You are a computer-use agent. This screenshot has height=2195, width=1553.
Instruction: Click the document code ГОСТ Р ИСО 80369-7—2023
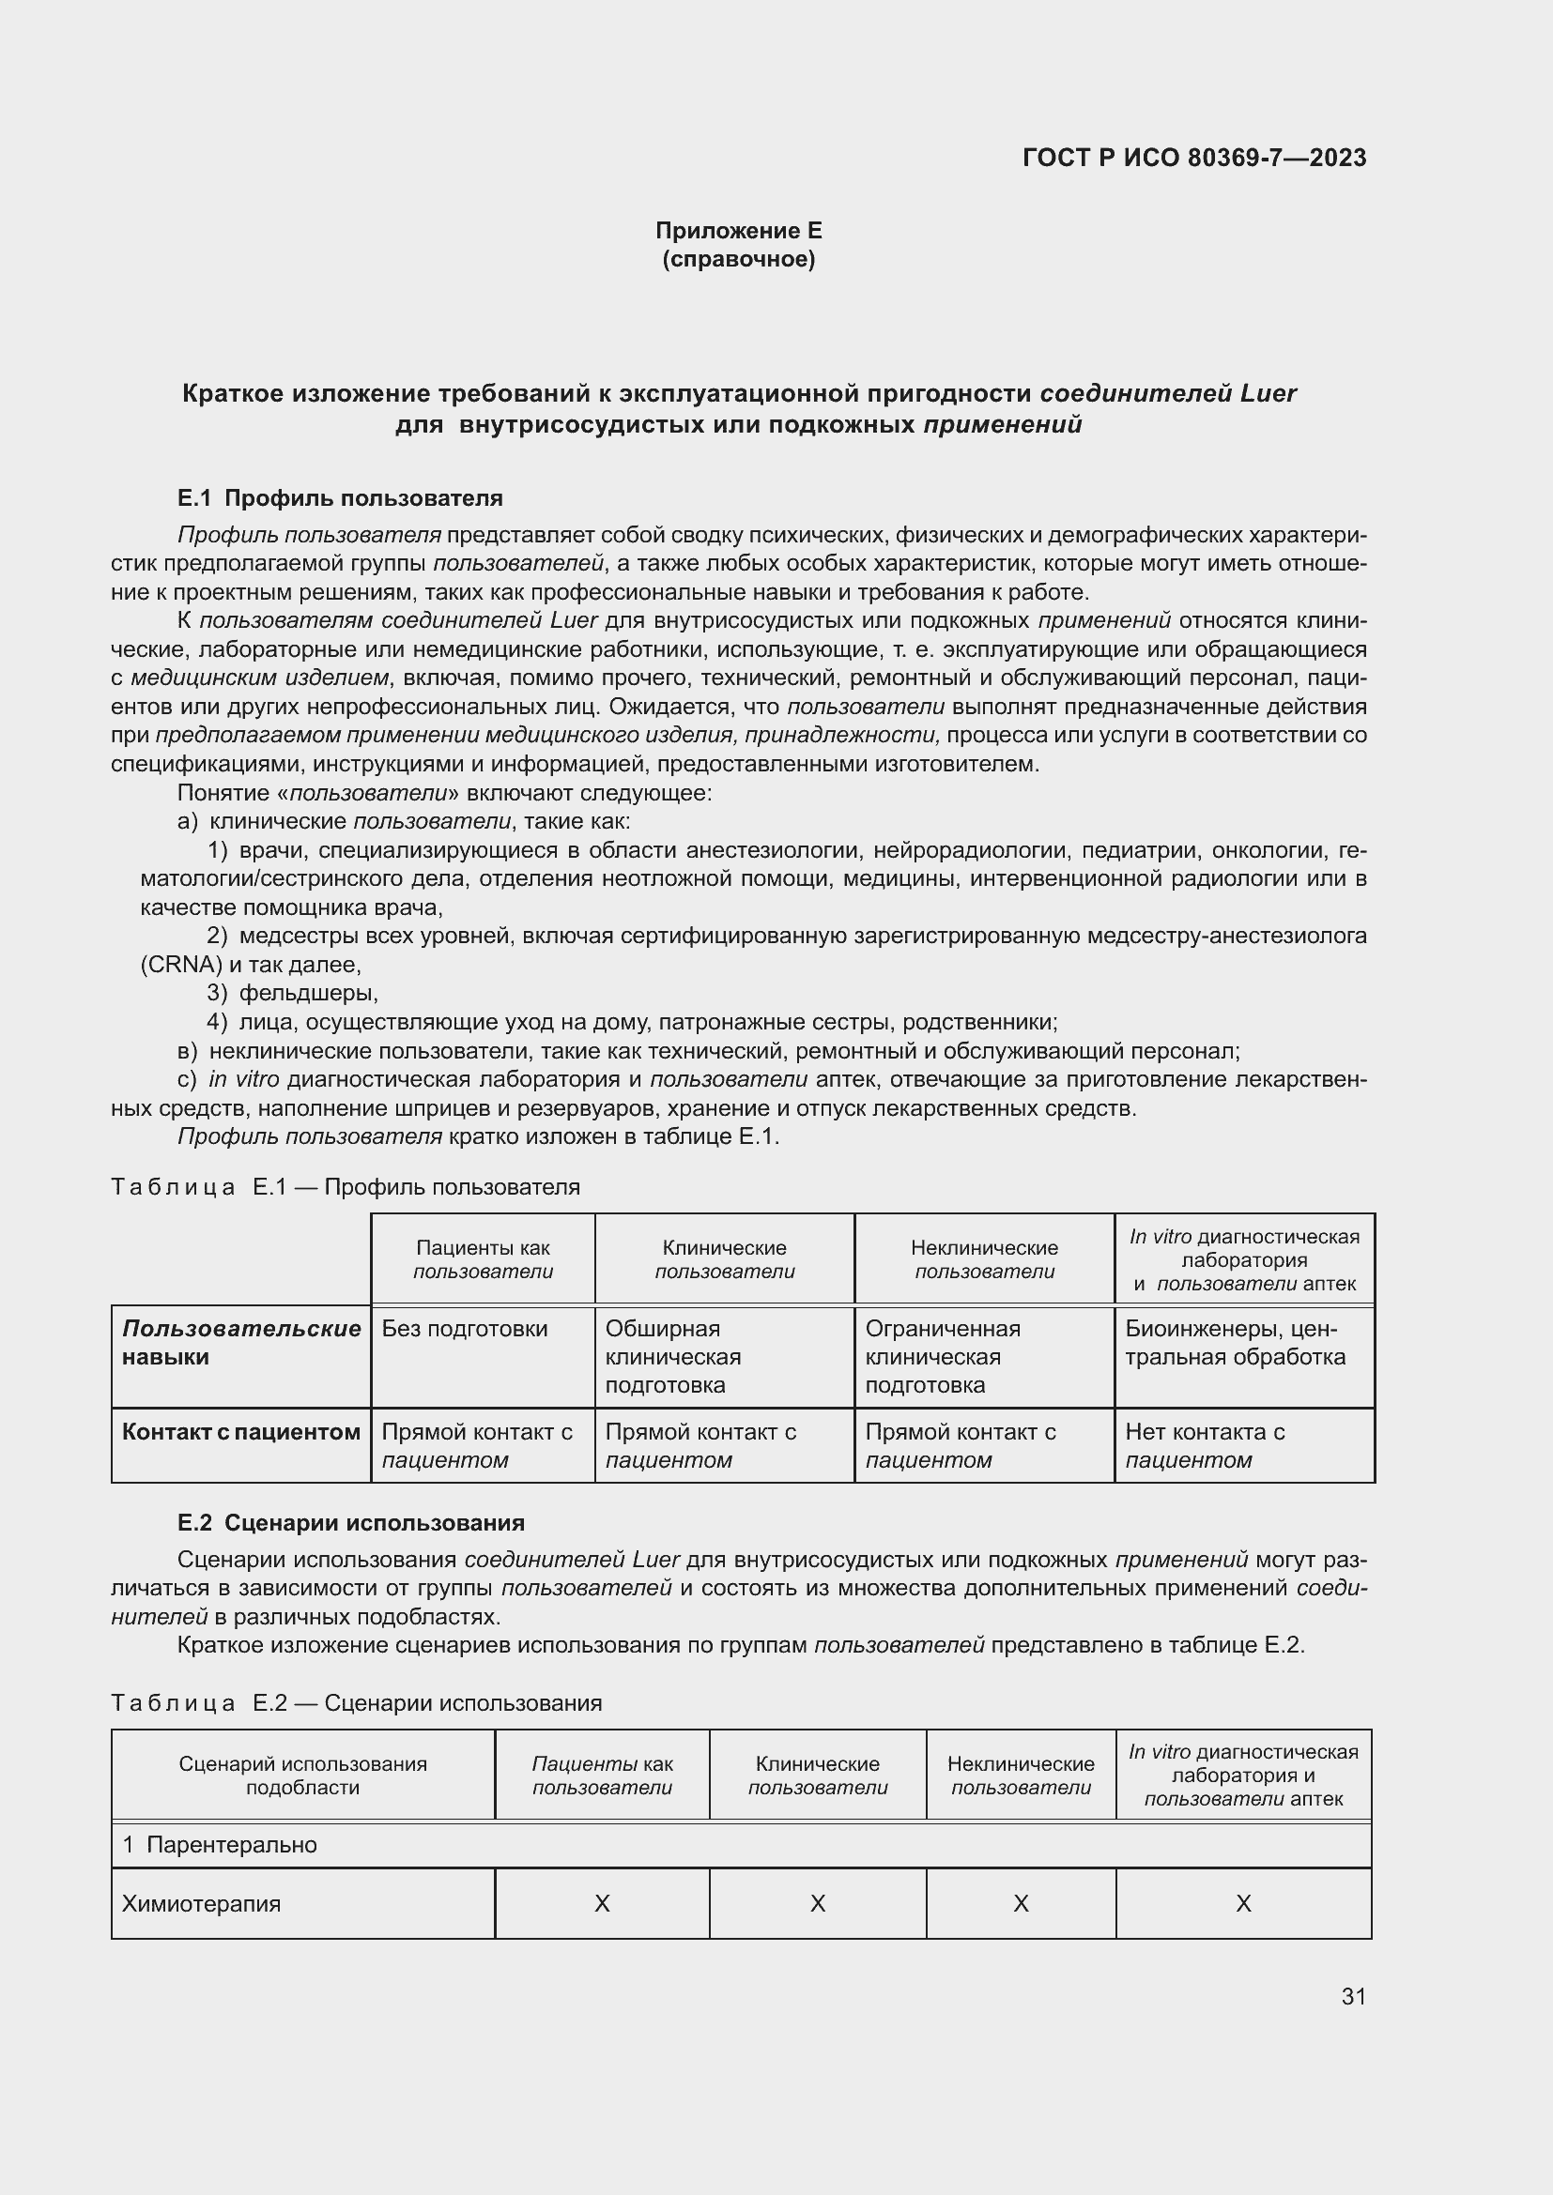(x=1193, y=158)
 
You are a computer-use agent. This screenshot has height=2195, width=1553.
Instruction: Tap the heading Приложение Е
(x=738, y=231)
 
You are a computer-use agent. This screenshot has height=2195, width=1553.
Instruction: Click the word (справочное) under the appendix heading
(x=738, y=259)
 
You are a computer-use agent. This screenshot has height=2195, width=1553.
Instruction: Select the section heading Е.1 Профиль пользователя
(x=340, y=498)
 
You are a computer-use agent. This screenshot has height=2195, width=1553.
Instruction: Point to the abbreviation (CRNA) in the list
(x=180, y=965)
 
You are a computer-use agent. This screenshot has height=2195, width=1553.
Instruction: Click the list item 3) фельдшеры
(x=293, y=993)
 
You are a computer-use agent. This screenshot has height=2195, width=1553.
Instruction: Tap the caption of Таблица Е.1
(x=346, y=1187)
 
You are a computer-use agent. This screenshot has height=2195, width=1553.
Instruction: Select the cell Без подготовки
(x=465, y=1329)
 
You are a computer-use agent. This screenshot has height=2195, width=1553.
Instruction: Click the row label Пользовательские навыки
(x=241, y=1342)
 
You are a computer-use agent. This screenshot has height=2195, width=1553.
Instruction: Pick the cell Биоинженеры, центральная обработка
(x=1235, y=1342)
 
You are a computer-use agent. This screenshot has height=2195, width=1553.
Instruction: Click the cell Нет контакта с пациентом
(x=1204, y=1445)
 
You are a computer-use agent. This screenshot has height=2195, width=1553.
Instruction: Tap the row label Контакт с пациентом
(x=241, y=1432)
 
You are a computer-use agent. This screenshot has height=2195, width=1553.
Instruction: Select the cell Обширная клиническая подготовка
(x=673, y=1357)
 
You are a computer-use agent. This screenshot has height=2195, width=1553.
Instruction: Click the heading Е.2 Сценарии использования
(x=351, y=1523)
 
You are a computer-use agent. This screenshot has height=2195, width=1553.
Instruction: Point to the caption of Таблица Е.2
(x=357, y=1703)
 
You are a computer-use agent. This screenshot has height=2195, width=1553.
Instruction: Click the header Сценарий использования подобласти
(x=302, y=1776)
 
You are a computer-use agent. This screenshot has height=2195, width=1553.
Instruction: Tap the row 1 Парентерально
(x=220, y=1845)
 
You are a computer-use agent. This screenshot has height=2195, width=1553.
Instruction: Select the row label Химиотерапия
(x=202, y=1904)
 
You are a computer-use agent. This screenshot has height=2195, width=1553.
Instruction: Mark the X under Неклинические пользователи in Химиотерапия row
(x=1021, y=1904)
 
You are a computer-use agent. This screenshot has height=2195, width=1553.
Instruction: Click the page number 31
(x=1353, y=1997)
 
